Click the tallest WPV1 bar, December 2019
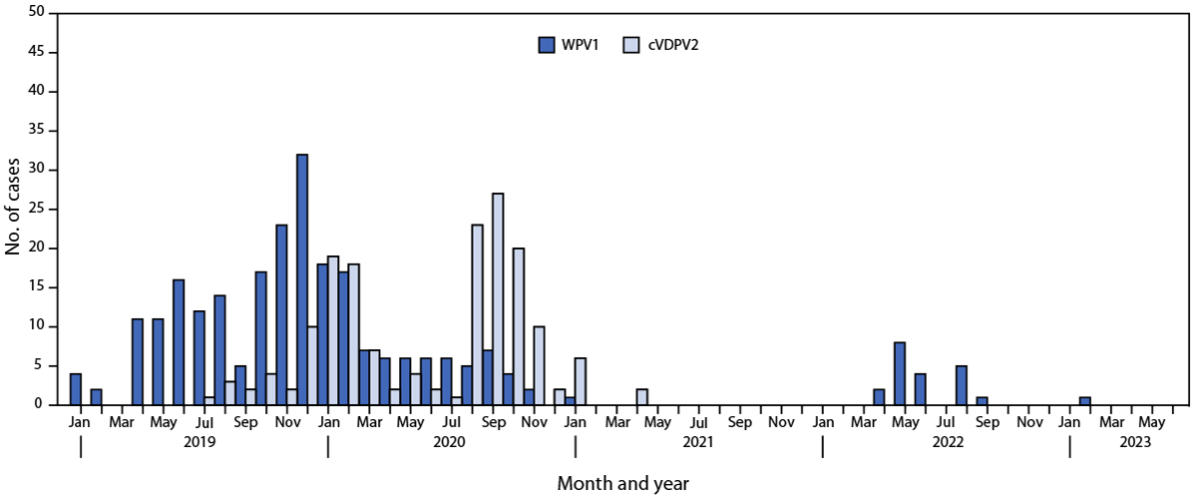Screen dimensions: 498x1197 (x=302, y=279)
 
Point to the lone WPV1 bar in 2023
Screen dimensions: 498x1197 (x=1084, y=400)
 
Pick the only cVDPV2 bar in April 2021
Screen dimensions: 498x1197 (x=642, y=396)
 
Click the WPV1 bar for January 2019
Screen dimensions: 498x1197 (x=76, y=389)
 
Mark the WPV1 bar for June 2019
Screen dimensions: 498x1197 (x=179, y=342)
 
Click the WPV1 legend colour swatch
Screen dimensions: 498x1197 (x=547, y=44)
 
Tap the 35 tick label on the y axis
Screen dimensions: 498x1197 (x=37, y=131)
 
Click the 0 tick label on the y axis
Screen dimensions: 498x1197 (x=41, y=404)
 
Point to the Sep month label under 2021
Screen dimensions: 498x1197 (x=739, y=422)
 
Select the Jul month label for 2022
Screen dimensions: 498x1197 (x=946, y=422)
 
